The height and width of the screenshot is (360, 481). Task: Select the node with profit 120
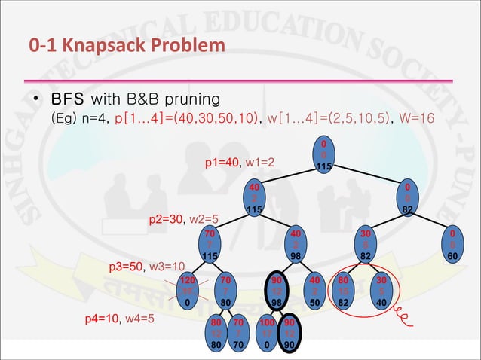pos(186,291)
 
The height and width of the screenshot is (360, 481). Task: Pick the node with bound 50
pos(316,291)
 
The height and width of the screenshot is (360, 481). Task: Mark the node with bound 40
pos(381,291)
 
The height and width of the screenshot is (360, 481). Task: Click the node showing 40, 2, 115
pos(255,198)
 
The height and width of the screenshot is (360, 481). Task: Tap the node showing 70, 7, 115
pos(210,246)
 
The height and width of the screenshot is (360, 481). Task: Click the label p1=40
pos(222,162)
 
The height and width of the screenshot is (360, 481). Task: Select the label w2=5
pos(203,220)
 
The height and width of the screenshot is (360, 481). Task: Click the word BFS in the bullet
pos(68,100)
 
